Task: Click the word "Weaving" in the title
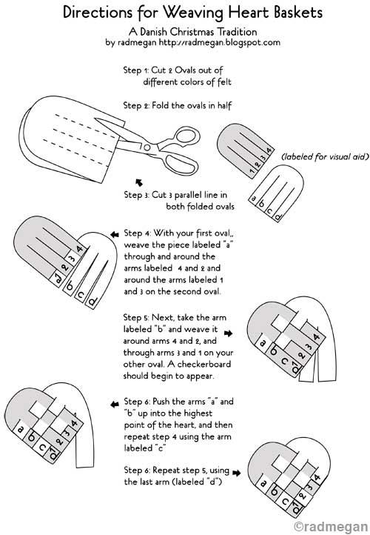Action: (193, 13)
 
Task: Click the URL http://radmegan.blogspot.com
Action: (220, 43)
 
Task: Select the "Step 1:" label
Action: (136, 70)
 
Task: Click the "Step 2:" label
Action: (136, 105)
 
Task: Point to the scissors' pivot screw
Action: (147, 147)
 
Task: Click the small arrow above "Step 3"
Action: (139, 182)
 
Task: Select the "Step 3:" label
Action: (136, 195)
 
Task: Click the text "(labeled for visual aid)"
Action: (325, 156)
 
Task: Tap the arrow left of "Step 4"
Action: (115, 234)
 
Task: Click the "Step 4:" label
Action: (137, 233)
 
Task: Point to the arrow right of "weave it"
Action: (228, 333)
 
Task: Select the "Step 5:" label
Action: (136, 318)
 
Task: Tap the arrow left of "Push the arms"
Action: (115, 405)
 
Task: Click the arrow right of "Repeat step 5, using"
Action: (237, 473)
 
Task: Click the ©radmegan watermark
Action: (332, 526)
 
